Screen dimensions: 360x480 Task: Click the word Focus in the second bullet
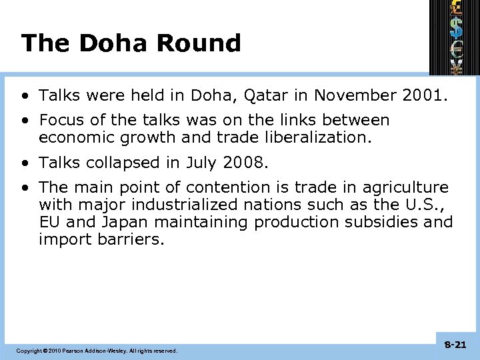coord(61,121)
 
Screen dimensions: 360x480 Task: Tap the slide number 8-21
coord(455,345)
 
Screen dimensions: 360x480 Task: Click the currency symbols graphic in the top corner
coord(455,37)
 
